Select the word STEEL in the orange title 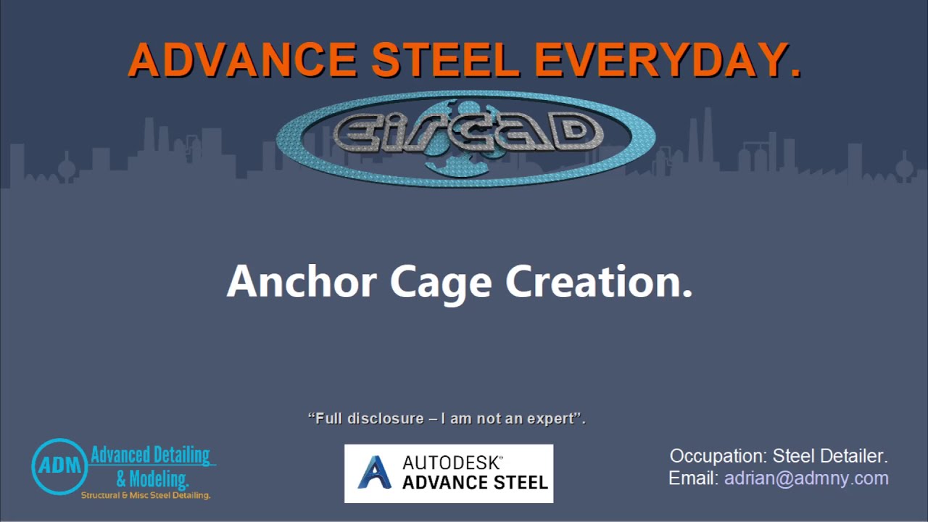(445, 60)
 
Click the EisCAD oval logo (465, 138)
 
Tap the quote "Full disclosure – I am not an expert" (447, 418)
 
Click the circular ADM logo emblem (59, 466)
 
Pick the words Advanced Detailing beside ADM (150, 455)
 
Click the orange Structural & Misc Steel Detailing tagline (145, 495)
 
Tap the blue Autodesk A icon (375, 473)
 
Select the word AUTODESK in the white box (452, 463)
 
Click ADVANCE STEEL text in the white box (475, 482)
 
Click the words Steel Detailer (830, 456)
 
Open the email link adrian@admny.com (806, 478)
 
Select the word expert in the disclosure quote (549, 418)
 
